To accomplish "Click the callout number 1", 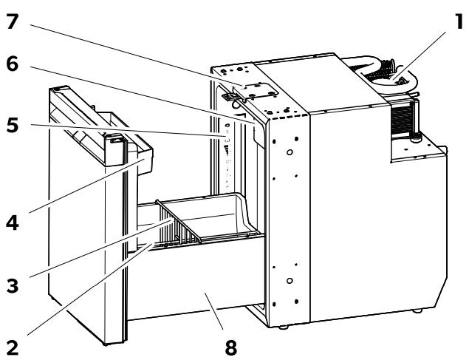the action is (x=459, y=21).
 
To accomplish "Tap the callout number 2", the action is (x=13, y=348).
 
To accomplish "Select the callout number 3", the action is (x=13, y=285).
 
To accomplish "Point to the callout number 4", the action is (x=13, y=223).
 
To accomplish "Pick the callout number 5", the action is (x=13, y=125).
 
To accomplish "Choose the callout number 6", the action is (x=13, y=64).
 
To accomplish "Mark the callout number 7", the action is (x=13, y=21).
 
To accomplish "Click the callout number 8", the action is (x=230, y=348).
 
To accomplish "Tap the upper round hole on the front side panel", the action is (x=290, y=152).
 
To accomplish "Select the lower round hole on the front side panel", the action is (x=290, y=281).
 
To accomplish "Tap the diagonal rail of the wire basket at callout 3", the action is (x=178, y=220).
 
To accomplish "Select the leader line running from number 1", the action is (x=420, y=55).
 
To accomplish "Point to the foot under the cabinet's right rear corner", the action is (x=417, y=311).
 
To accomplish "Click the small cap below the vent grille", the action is (x=414, y=138).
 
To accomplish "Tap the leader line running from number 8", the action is (x=214, y=311).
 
